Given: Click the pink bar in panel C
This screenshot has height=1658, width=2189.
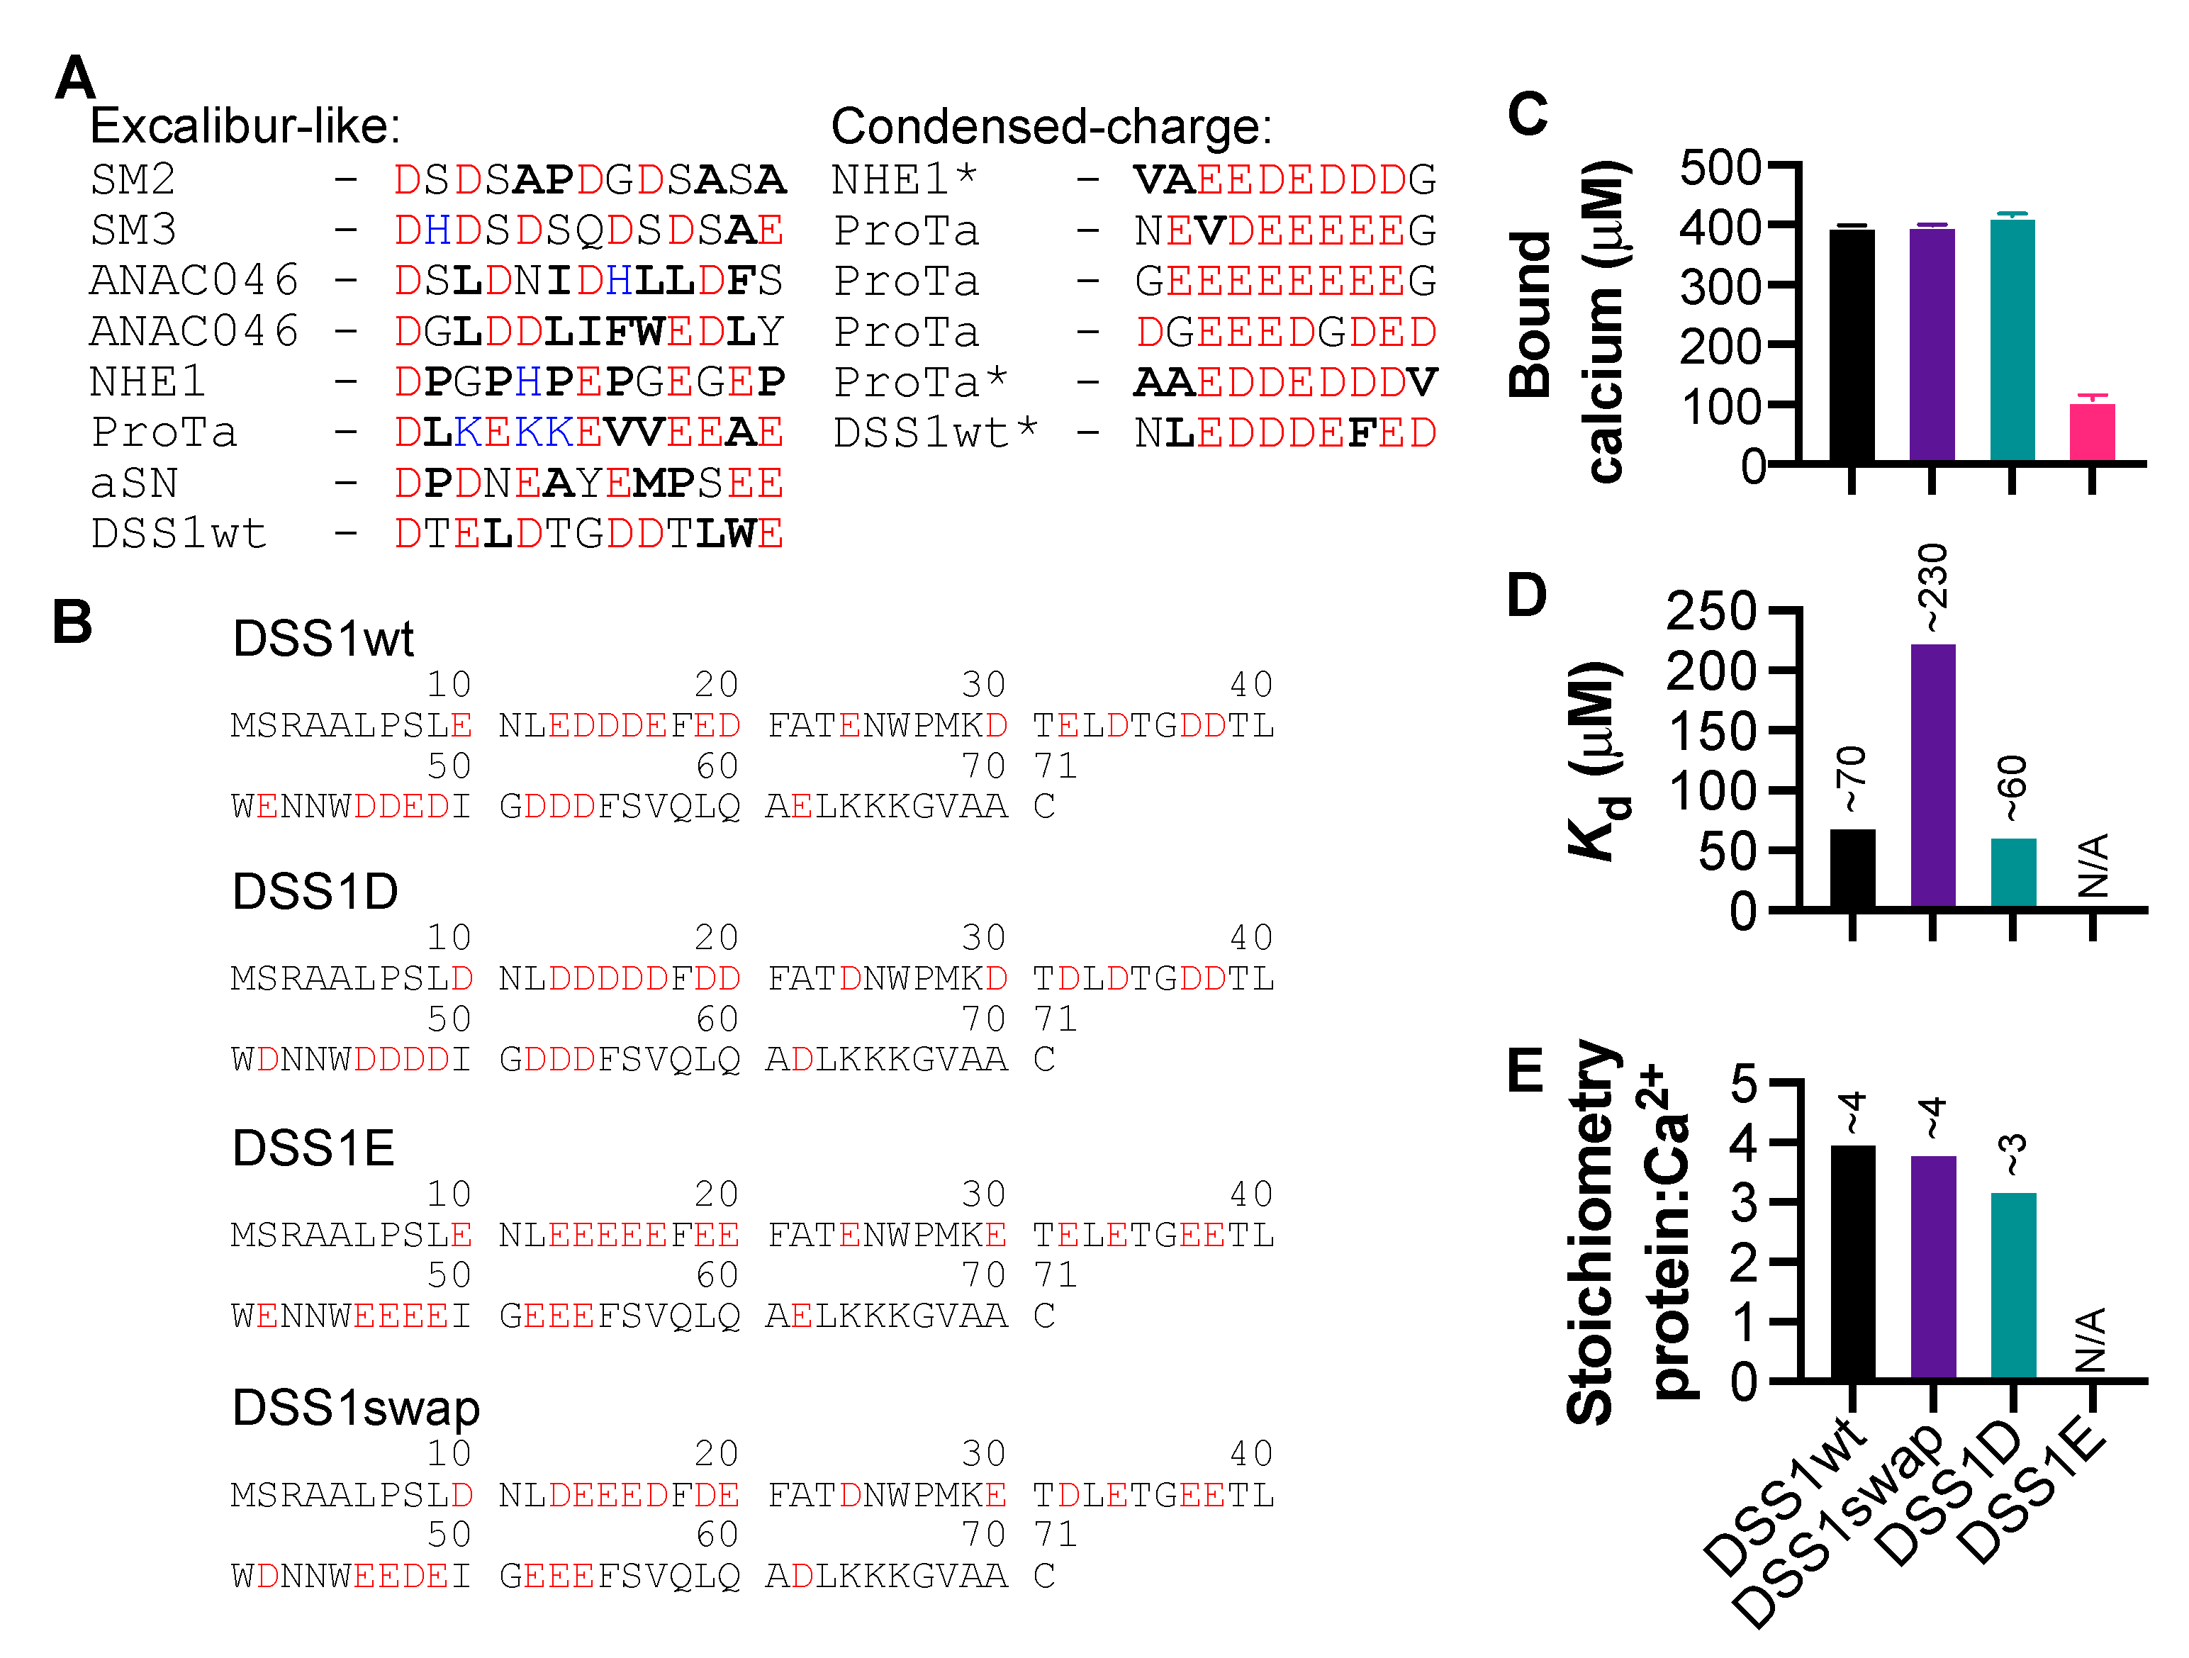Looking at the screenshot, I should tap(2091, 432).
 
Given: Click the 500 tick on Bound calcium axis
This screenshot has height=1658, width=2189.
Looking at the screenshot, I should tap(1720, 167).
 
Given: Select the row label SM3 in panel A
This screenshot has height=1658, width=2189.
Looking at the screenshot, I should tap(133, 230).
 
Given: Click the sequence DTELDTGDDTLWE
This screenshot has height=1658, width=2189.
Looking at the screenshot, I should tap(589, 534).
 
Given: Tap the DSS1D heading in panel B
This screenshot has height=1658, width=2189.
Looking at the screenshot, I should tap(315, 891).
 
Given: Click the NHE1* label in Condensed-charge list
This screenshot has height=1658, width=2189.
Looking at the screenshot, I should tap(905, 179).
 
